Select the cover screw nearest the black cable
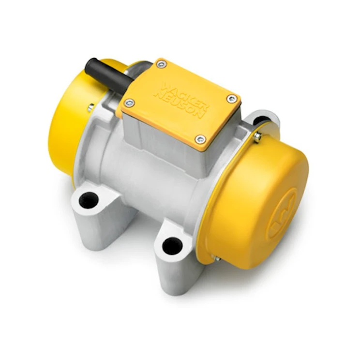161,64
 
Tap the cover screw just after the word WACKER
232,99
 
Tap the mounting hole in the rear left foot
89,200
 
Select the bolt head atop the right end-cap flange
257,136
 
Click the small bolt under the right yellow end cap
216,259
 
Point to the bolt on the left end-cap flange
90,108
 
